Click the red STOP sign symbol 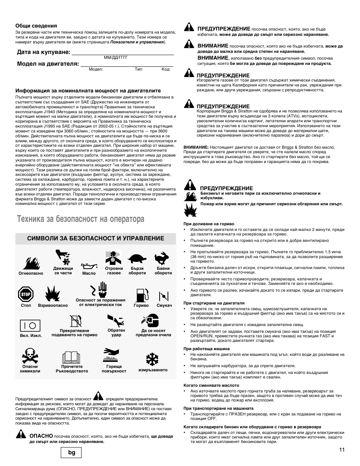click(26, 294)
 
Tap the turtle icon click(137, 258)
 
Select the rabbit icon click(163, 258)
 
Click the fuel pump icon click(141, 294)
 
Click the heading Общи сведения click(36, 26)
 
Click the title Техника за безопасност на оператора click(80, 219)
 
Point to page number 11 click(342, 449)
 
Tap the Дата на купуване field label click(43, 52)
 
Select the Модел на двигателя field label click(48, 64)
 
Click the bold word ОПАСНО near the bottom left click(41, 436)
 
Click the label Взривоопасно click(53, 306)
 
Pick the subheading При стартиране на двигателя click(214, 303)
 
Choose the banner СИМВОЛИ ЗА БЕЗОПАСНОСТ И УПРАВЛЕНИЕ click(95, 238)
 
